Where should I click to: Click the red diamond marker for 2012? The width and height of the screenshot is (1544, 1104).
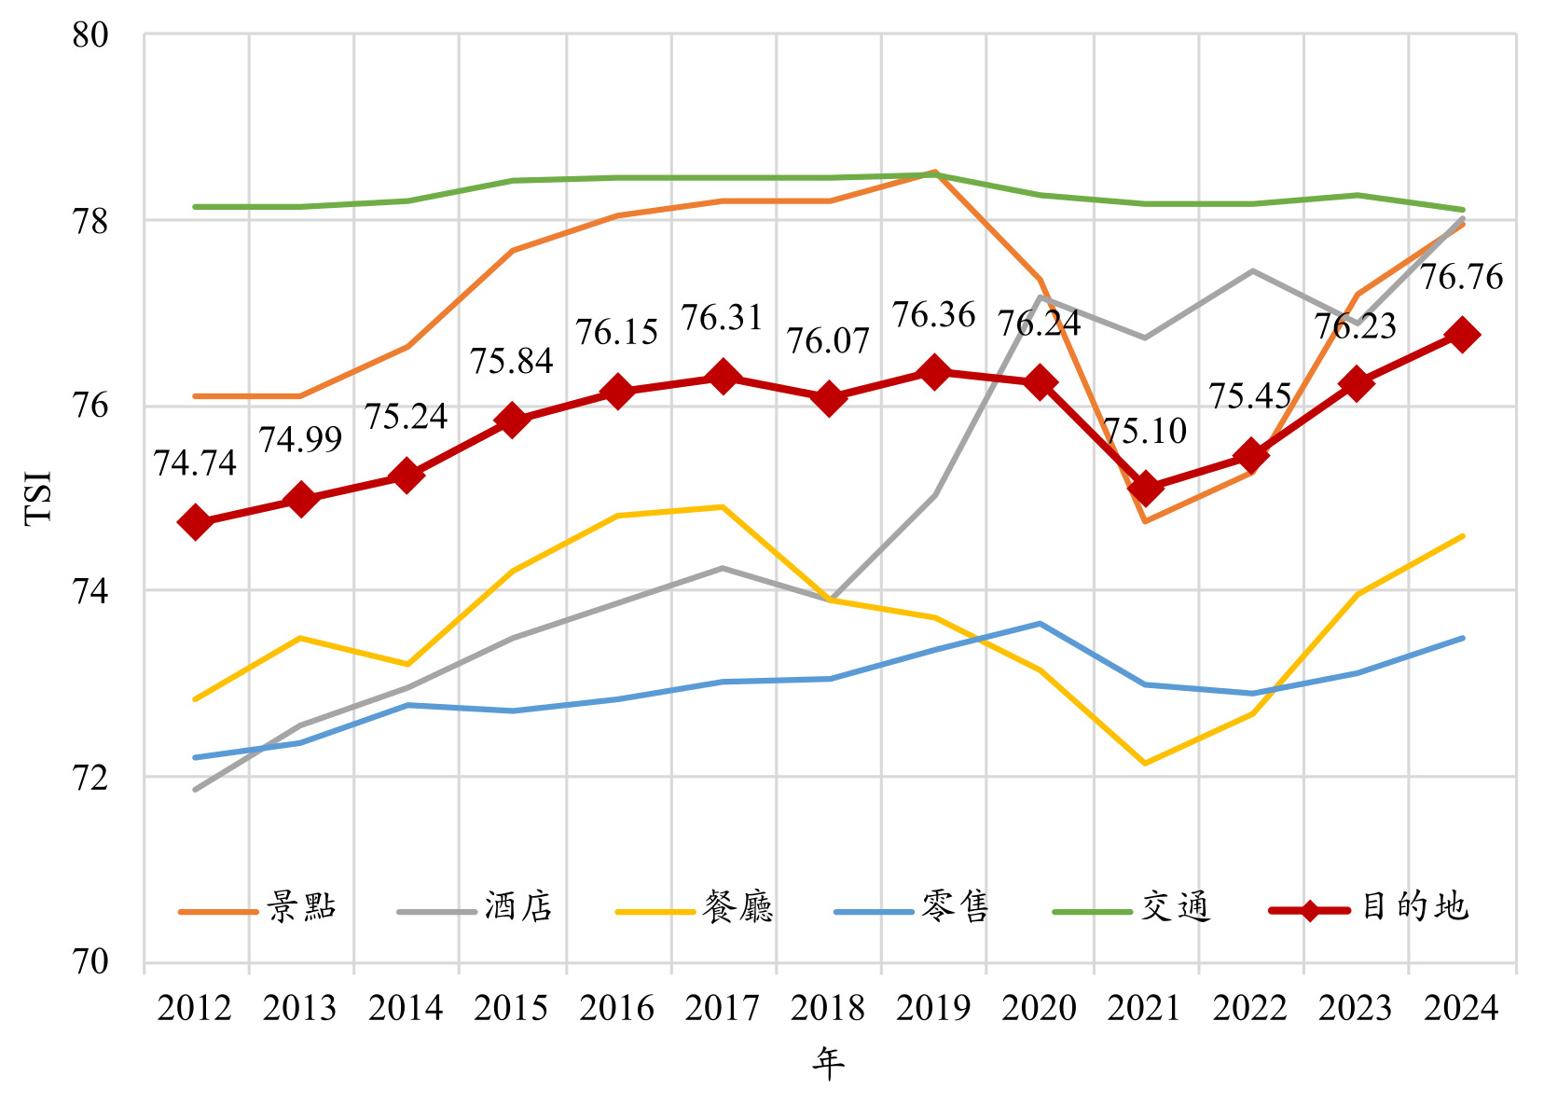click(x=196, y=522)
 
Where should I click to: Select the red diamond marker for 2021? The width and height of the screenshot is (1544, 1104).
click(x=1145, y=489)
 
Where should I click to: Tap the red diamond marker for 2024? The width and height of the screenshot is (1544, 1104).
click(x=1462, y=335)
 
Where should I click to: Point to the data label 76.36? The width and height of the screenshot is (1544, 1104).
click(x=933, y=316)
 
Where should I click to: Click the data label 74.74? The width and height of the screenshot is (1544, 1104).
click(x=195, y=463)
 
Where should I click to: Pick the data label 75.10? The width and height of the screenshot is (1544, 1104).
click(x=1145, y=432)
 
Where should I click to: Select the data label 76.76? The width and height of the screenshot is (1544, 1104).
click(x=1461, y=277)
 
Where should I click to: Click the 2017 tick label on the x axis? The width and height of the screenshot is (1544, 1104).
click(x=723, y=1009)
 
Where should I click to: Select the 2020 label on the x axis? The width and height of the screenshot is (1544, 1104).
click(x=1039, y=1009)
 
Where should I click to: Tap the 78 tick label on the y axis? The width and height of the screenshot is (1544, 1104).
click(x=90, y=222)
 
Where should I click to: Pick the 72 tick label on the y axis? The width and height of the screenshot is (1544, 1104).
click(x=90, y=777)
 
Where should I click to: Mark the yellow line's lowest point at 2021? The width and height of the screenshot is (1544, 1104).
click(x=1145, y=764)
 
